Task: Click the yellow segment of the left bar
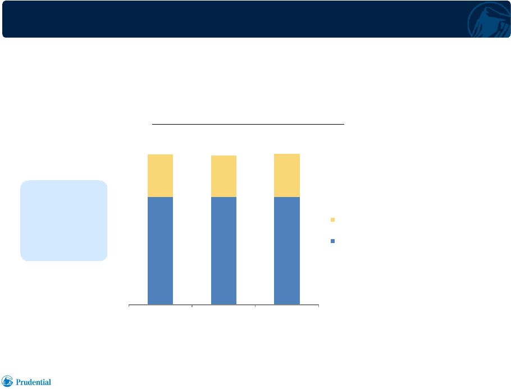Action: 161,176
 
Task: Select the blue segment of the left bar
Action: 161,251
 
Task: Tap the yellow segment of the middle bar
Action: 223,176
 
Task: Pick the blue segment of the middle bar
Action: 223,251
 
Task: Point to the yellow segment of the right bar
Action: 287,175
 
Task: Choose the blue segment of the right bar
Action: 287,251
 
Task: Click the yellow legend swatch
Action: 333,219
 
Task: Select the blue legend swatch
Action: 333,241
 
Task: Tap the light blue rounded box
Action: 64,221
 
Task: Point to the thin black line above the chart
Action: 248,124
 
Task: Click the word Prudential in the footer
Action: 33,382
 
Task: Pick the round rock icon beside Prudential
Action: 7,381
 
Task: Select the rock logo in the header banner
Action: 489,20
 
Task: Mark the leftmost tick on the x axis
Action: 129,306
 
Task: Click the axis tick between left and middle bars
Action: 192,306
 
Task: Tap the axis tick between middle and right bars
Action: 255,306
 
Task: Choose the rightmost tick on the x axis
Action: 318,306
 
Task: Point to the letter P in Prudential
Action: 18,382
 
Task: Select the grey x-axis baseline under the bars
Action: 224,305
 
